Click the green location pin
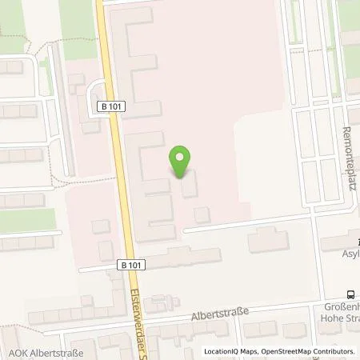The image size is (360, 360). point(181,161)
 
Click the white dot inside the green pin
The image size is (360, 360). point(181,156)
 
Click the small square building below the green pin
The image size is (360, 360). point(202,214)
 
